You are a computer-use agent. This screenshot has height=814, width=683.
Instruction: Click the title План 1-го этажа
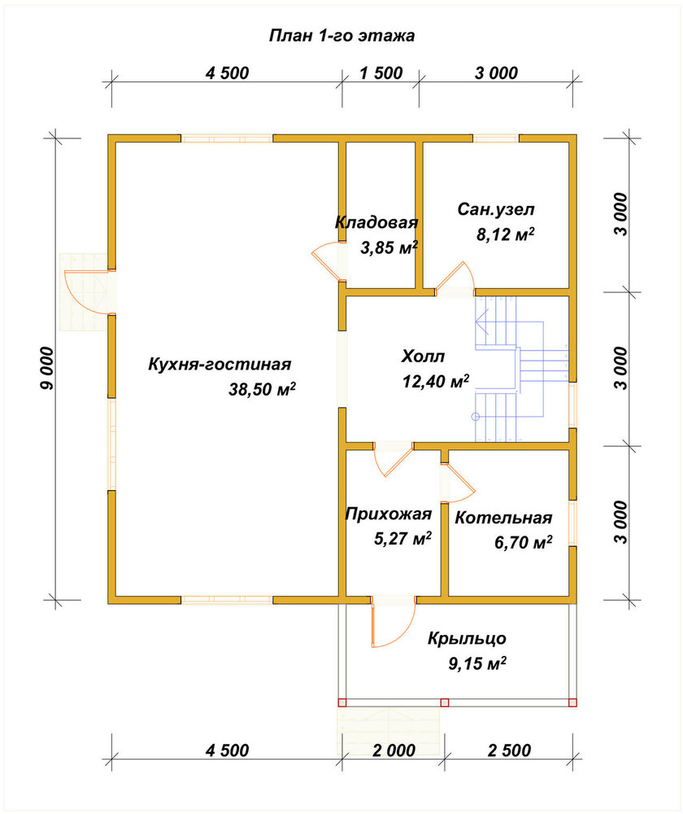tap(341, 35)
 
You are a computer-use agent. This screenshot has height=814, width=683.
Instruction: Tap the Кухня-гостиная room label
tap(220, 364)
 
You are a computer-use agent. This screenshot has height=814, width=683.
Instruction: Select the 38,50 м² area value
tap(263, 389)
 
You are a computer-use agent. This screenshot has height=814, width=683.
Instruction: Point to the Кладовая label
tap(376, 223)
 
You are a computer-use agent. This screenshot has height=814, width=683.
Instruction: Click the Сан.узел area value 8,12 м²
tap(506, 234)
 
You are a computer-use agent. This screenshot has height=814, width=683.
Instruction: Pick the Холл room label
tap(423, 357)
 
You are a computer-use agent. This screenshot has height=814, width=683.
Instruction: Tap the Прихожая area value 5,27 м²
tap(403, 538)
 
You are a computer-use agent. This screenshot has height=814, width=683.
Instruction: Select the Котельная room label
tap(503, 518)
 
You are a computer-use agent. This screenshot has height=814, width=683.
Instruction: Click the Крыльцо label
tap(467, 638)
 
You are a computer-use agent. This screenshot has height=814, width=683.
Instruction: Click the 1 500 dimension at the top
tap(381, 73)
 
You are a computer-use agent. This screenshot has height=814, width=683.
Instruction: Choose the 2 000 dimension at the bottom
tap(394, 751)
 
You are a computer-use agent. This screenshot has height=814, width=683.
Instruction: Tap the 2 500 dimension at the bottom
tap(509, 751)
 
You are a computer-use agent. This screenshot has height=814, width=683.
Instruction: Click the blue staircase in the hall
tap(521, 369)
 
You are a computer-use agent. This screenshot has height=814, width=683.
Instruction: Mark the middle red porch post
tap(445, 703)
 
